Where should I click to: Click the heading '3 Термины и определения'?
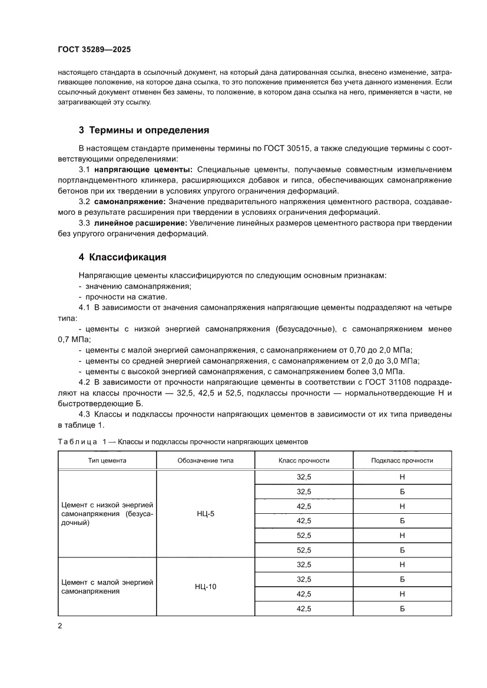click(x=144, y=129)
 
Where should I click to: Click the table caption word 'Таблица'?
click(x=78, y=441)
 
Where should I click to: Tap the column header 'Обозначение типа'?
click(x=206, y=460)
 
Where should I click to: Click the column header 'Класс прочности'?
click(x=304, y=460)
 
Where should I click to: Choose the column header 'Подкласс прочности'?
click(x=402, y=460)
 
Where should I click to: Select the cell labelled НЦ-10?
click(x=206, y=587)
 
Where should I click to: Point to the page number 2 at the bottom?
click(x=60, y=626)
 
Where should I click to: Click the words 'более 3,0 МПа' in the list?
click(x=377, y=371)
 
